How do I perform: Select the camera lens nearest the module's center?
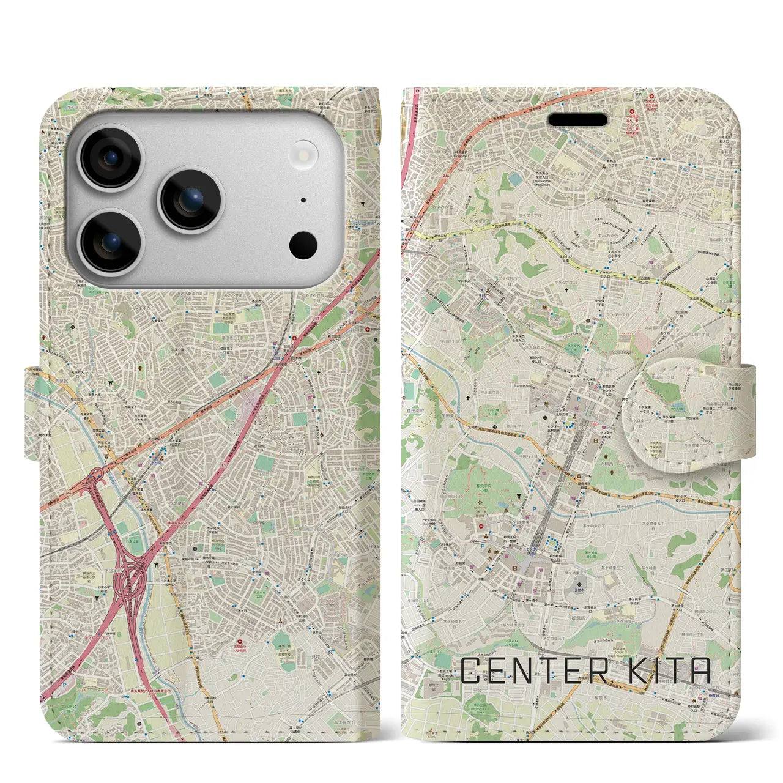(190, 199)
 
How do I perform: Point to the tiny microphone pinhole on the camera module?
(303, 200)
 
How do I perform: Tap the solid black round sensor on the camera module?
(303, 245)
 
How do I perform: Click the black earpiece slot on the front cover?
(577, 119)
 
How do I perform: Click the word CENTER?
(533, 671)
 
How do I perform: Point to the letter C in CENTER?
(471, 671)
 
